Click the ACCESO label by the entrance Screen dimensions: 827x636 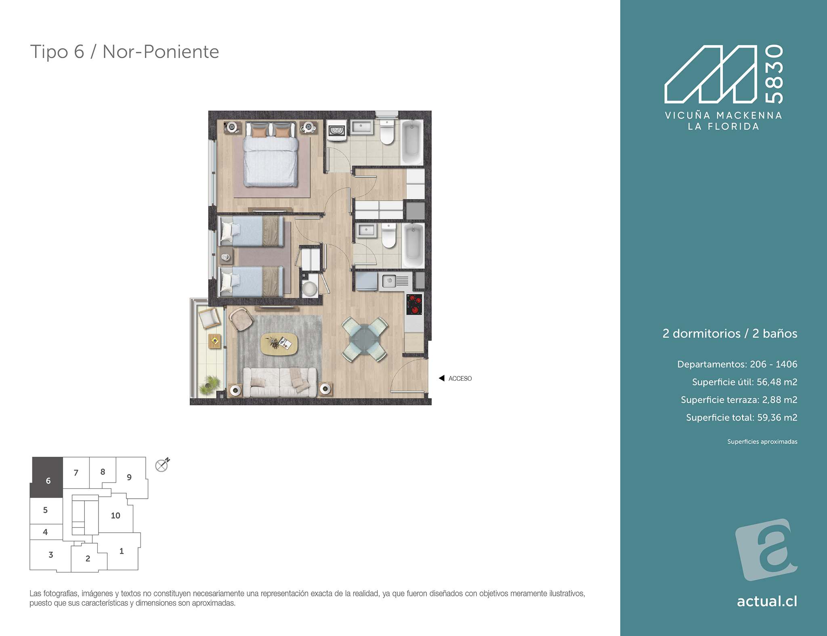click(x=460, y=378)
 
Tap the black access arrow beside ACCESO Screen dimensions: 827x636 click(x=441, y=378)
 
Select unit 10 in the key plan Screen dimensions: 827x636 click(x=115, y=515)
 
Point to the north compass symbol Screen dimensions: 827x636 click(x=162, y=465)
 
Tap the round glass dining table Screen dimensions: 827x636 click(x=365, y=340)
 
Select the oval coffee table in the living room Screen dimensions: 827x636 click(x=279, y=344)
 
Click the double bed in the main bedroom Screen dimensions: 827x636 click(x=271, y=155)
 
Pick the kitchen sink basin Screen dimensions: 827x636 click(x=389, y=281)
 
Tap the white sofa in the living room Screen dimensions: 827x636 click(x=279, y=382)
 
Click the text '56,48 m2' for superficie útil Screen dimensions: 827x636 click(x=777, y=382)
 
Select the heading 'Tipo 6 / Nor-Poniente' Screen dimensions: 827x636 click(x=124, y=52)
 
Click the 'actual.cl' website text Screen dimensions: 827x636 click(x=767, y=601)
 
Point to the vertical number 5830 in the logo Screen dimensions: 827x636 click(x=775, y=74)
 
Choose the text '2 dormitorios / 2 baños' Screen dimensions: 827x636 click(x=730, y=334)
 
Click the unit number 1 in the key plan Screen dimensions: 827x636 click(x=122, y=551)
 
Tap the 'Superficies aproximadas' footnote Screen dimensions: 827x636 click(x=762, y=442)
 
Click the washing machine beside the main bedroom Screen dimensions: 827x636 click(x=336, y=130)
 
